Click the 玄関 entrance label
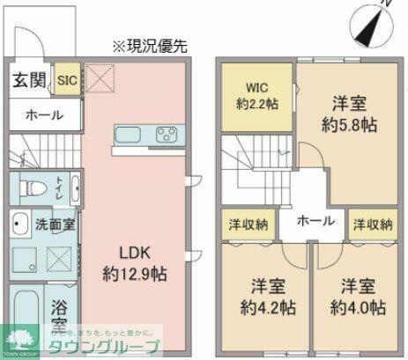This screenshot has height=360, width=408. click(29, 80)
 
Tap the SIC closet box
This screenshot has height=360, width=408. click(67, 80)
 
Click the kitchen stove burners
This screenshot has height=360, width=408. click(166, 135)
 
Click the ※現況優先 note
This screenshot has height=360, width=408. click(150, 44)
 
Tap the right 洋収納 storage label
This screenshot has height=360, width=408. click(373, 224)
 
